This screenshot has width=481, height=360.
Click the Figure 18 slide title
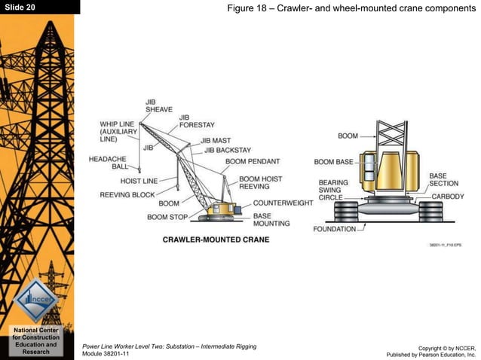point(351,8)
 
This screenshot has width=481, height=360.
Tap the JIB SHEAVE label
point(158,105)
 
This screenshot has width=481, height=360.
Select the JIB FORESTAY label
point(196,121)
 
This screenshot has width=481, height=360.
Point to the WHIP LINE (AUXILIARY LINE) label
point(118,132)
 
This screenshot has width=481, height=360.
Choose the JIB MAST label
point(216,141)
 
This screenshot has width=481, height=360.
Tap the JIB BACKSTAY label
point(228,151)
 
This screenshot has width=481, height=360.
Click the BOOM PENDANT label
point(253,162)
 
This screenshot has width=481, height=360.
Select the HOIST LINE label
point(139,182)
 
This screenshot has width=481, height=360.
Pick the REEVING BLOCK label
point(127,195)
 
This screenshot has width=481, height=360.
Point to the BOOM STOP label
point(167,217)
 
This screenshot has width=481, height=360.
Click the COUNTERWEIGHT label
point(283,203)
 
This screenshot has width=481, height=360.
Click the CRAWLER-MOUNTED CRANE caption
point(216,240)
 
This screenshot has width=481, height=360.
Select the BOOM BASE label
point(333,162)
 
